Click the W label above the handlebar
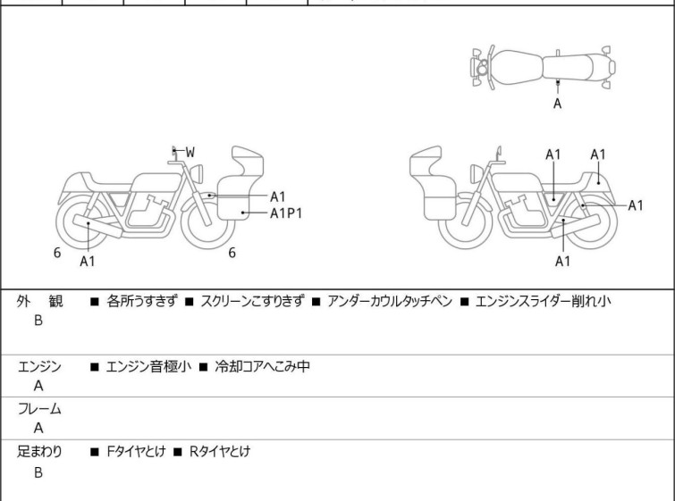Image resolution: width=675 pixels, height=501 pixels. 190,153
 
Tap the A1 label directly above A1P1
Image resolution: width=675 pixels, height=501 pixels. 278,196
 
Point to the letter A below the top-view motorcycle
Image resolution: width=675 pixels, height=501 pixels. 558,104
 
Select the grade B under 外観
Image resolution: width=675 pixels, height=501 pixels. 38,321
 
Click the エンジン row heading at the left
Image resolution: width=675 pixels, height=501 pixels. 39,366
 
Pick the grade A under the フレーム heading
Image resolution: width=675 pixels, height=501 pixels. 38,428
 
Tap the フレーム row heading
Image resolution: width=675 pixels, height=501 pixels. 39,409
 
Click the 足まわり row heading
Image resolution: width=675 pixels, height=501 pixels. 39,452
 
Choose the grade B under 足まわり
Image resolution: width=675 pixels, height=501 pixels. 38,472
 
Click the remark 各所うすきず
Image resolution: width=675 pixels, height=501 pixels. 143,302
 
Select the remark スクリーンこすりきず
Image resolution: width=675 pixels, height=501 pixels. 253,302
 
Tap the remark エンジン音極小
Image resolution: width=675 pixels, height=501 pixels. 148,366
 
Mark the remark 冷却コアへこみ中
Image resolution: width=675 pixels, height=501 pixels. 261,366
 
